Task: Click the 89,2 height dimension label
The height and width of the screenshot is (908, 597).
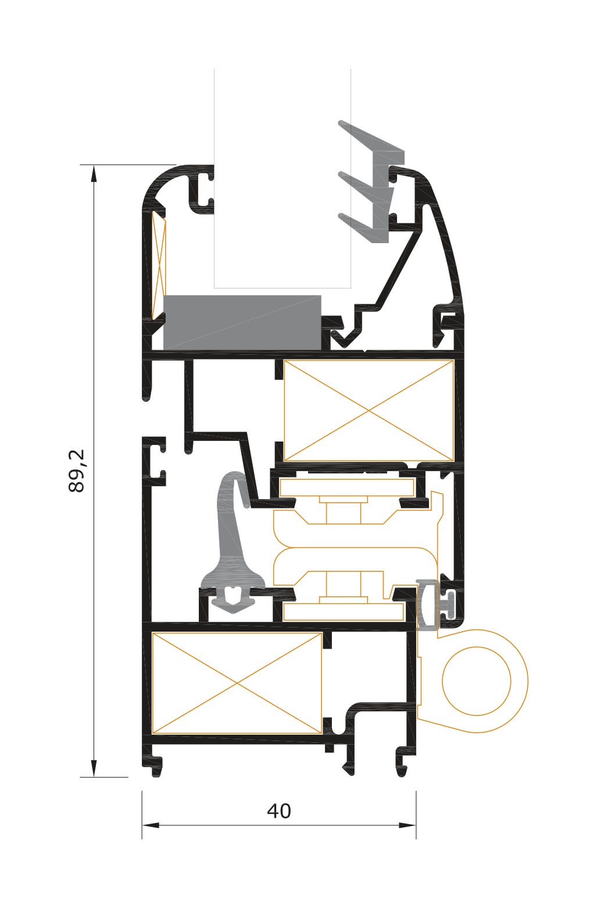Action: (x=77, y=471)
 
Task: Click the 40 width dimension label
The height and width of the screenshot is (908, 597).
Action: (x=279, y=811)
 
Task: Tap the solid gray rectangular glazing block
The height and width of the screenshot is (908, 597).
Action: (x=242, y=322)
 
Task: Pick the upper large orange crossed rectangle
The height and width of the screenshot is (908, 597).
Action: (x=369, y=411)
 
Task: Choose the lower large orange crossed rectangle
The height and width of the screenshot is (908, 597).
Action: (x=237, y=683)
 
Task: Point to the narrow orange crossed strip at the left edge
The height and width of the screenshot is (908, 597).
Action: (x=158, y=264)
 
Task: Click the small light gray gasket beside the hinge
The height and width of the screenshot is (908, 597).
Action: (x=427, y=604)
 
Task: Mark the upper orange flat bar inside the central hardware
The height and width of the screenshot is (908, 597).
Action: (x=346, y=487)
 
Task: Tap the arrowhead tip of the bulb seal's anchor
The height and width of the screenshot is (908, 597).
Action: (x=232, y=612)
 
